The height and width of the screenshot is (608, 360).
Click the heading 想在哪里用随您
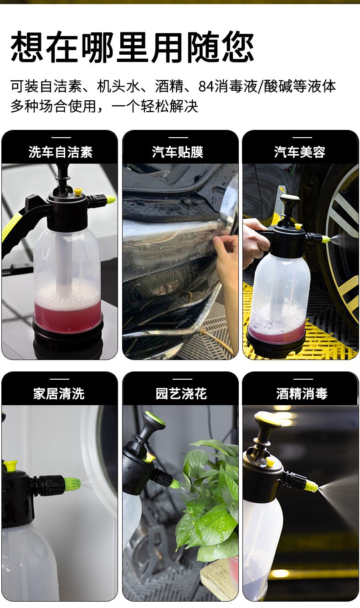[x=132, y=47]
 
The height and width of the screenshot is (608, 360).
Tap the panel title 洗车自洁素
[x=61, y=152]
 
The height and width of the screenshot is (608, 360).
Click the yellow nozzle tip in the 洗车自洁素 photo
[x=110, y=199]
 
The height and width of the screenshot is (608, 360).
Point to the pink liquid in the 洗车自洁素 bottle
[x=68, y=314]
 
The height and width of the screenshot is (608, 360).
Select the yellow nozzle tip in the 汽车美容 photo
[x=325, y=239]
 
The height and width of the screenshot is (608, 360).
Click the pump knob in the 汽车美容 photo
[x=290, y=201]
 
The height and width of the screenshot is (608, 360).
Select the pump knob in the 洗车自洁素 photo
[x=62, y=170]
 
